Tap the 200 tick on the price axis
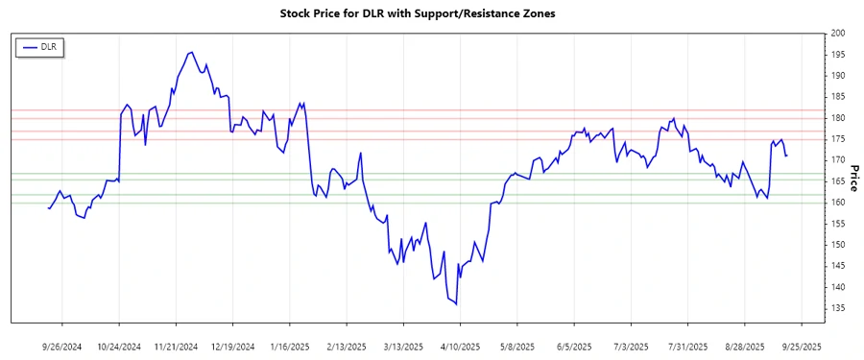tap(837, 34)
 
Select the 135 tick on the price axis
tap(837, 308)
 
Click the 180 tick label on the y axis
tap(837, 118)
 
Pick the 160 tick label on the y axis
tap(837, 203)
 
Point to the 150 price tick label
tap(837, 245)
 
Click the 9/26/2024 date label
tap(62, 346)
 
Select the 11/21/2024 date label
tap(176, 346)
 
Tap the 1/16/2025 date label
tap(289, 346)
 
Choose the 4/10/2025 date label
tap(459, 346)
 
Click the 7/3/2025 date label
tap(629, 346)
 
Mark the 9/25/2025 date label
tap(800, 346)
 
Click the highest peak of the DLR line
tap(192, 52)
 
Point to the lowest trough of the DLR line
tap(456, 304)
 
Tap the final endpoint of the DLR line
tap(787, 156)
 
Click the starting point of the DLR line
tap(48, 208)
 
